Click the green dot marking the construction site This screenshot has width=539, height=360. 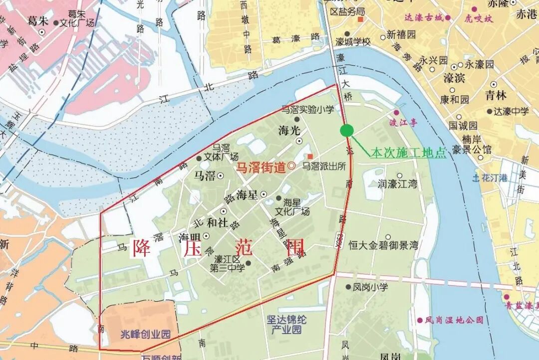347,131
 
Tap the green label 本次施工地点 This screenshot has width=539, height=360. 408,153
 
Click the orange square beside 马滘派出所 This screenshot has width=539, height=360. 310,157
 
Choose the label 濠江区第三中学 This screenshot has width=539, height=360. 227,264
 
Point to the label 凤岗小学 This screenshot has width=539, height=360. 370,287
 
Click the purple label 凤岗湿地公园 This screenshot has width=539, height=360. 454,320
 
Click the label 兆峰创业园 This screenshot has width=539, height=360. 146,334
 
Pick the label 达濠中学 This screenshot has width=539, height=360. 512,112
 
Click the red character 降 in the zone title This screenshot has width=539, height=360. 142,247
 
